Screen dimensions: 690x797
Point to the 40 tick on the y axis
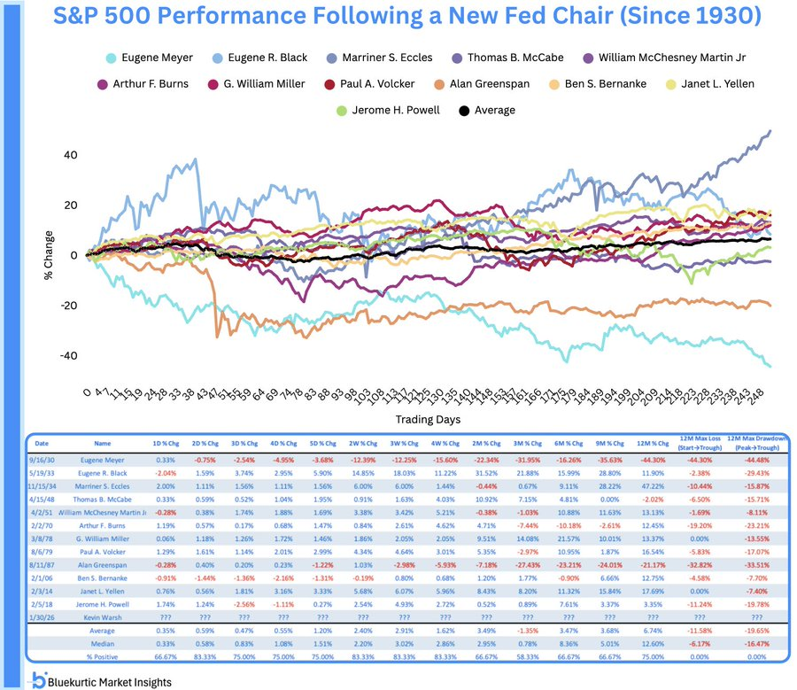point(70,155)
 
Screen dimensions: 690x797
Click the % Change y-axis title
point(51,255)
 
